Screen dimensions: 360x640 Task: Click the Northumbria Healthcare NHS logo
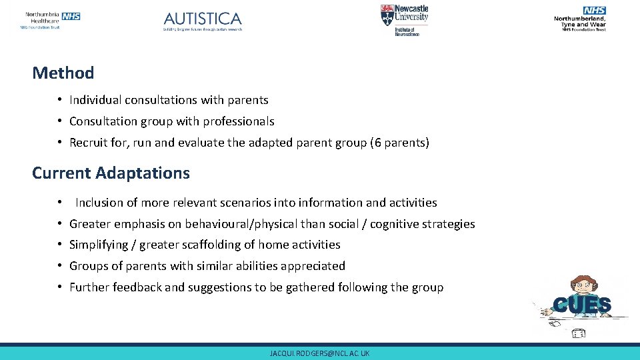pyautogui.click(x=51, y=19)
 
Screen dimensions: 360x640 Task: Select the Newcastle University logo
pyautogui.click(x=405, y=20)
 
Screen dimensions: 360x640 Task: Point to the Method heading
pyautogui.click(x=63, y=73)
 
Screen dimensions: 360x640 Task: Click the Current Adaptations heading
pyautogui.click(x=111, y=173)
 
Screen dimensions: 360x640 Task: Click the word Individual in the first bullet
pyautogui.click(x=95, y=100)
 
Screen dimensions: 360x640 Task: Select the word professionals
pyautogui.click(x=242, y=121)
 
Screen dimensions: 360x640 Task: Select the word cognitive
pyautogui.click(x=394, y=224)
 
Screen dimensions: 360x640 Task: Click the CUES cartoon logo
pyautogui.click(x=581, y=305)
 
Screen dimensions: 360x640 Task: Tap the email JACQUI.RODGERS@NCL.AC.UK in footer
pyautogui.click(x=319, y=353)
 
